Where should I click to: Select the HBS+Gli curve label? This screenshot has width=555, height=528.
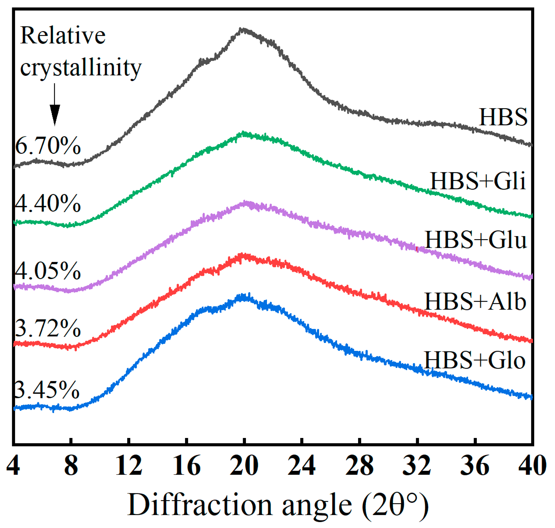click(478, 181)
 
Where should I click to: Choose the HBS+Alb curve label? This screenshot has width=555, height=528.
click(475, 301)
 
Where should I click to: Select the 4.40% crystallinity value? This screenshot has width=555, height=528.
click(48, 203)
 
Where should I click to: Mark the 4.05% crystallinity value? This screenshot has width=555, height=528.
click(48, 271)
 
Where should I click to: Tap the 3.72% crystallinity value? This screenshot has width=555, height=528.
click(48, 328)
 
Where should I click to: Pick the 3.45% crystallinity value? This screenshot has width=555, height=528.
click(47, 390)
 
